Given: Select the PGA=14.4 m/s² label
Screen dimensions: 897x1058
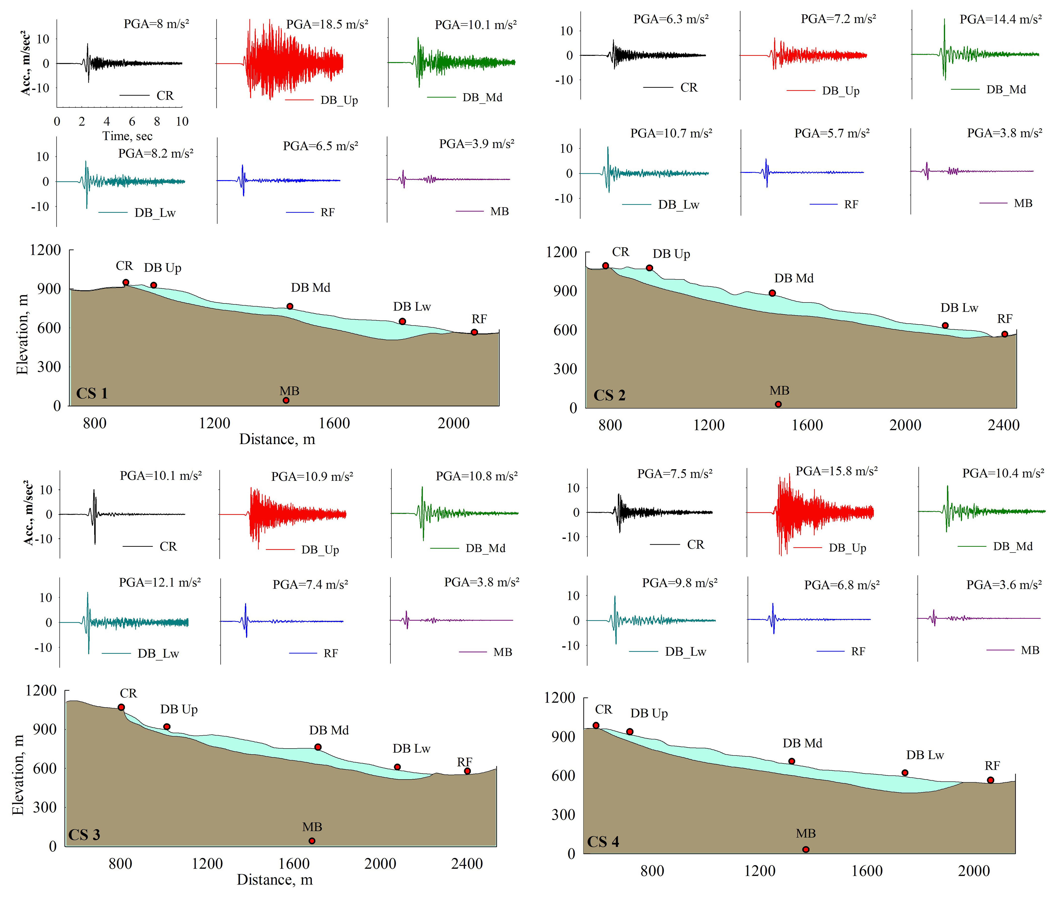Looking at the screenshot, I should [x=1000, y=19].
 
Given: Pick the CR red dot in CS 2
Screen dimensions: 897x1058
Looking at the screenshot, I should [x=606, y=265].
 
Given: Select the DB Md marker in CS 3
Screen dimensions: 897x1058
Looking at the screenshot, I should [x=318, y=747].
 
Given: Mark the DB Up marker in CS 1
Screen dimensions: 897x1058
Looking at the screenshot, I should [x=153, y=285].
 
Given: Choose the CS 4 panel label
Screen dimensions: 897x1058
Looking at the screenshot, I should [x=603, y=842].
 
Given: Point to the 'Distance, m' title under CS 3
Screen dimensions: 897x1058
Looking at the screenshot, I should [x=275, y=879].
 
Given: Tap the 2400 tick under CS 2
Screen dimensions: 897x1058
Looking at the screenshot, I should [x=1003, y=425].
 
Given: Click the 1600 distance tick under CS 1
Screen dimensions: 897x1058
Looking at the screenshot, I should [x=334, y=423].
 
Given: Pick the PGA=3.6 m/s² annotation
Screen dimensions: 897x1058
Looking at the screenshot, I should [x=1004, y=585].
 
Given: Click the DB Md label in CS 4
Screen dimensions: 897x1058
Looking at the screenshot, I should [x=802, y=743].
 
